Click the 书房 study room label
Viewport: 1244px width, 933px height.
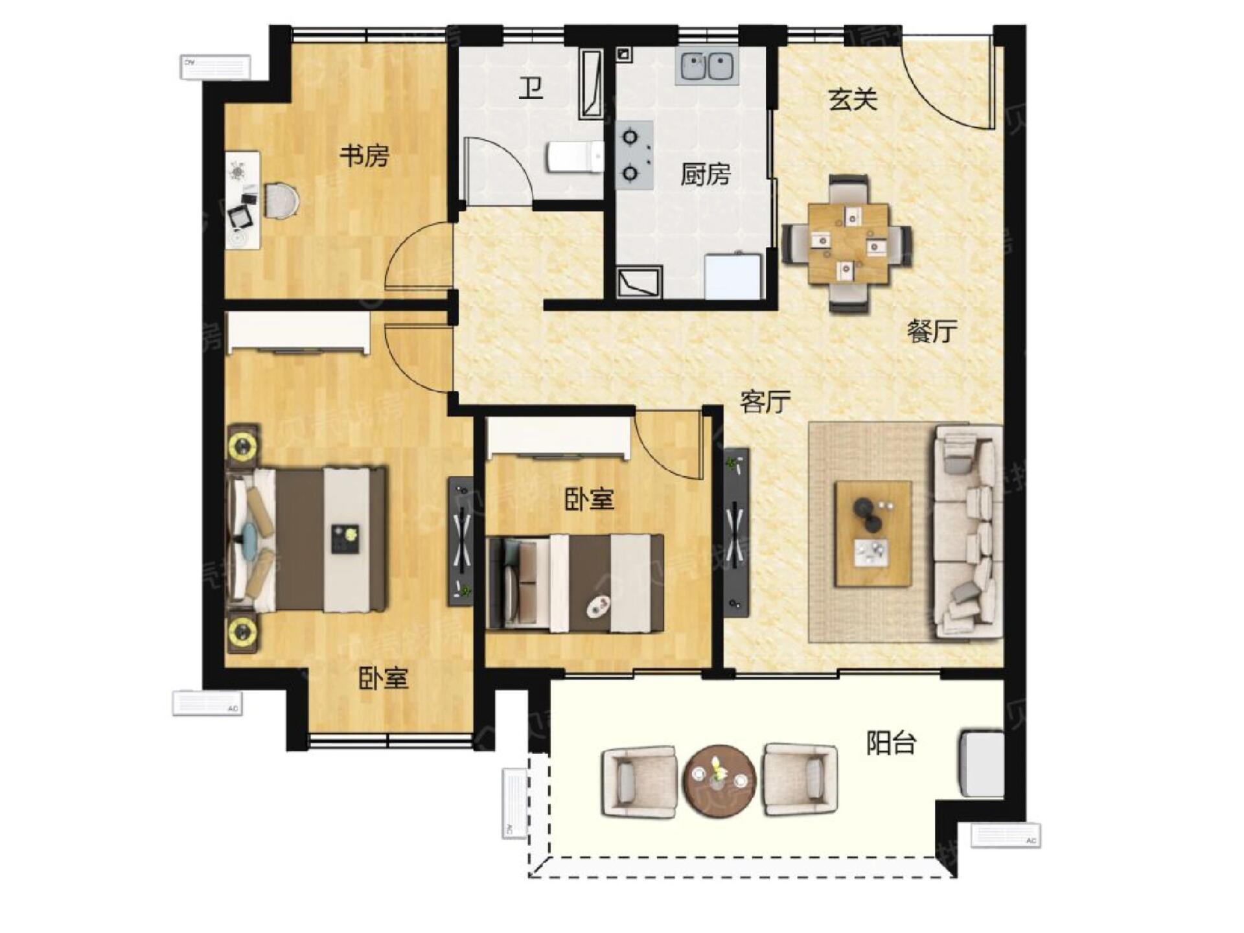point(364,155)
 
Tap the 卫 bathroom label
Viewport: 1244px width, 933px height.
point(531,88)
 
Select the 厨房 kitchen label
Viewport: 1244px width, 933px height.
point(705,174)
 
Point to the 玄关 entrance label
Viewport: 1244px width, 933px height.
point(853,99)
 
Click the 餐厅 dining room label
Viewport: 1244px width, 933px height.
point(931,332)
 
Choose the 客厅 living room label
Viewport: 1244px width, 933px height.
point(765,402)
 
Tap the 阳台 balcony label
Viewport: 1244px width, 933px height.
point(891,743)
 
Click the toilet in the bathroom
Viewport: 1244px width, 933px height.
point(575,157)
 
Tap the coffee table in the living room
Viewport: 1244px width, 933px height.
point(873,533)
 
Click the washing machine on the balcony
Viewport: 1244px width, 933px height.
point(982,763)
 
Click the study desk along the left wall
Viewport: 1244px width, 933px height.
point(243,200)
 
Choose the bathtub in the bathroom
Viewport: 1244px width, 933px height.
point(591,84)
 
